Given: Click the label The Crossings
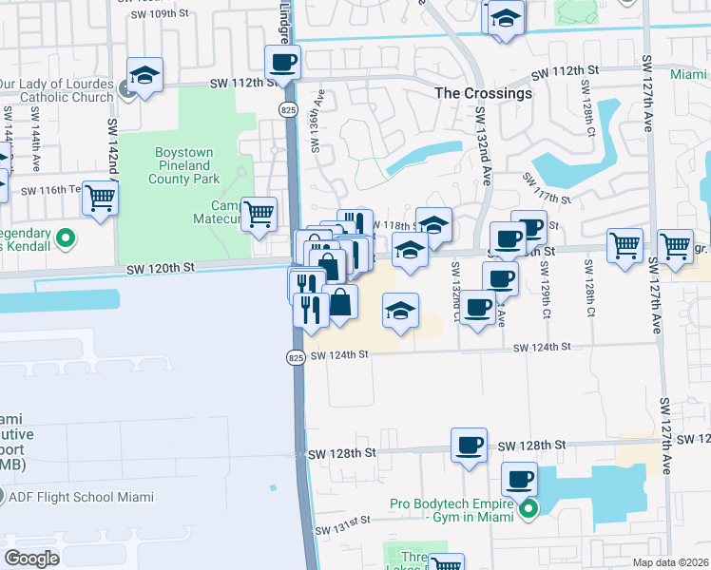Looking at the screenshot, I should click(483, 94).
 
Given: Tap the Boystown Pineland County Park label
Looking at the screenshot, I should click(184, 165).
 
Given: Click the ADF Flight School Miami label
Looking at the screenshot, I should click(81, 497).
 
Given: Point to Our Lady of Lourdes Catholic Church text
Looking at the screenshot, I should click(57, 89).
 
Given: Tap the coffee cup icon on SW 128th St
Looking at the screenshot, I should click(469, 445).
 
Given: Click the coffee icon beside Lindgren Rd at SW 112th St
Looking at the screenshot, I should click(282, 63).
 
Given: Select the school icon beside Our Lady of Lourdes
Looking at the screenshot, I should click(145, 75).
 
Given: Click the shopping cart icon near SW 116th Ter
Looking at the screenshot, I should click(99, 199).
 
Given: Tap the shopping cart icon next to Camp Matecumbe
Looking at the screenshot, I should click(259, 214).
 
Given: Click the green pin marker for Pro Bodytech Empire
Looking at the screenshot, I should click(528, 510).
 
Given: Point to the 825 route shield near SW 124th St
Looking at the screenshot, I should click(294, 357).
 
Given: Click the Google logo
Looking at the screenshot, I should click(31, 559).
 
